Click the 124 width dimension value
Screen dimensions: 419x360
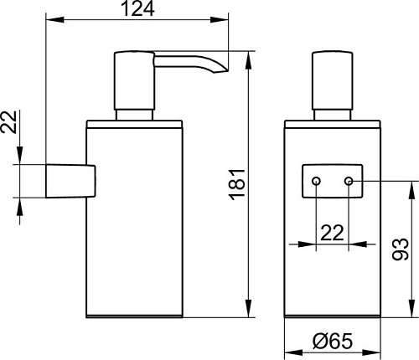(x=138, y=8)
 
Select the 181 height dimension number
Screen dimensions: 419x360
(x=237, y=185)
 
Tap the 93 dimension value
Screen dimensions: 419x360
(x=400, y=249)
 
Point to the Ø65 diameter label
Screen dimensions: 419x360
(x=333, y=341)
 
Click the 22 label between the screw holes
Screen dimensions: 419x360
(x=332, y=233)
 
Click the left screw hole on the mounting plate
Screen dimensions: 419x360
(x=316, y=181)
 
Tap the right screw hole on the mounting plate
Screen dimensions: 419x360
(x=349, y=181)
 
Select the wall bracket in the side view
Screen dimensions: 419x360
(x=70, y=181)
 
